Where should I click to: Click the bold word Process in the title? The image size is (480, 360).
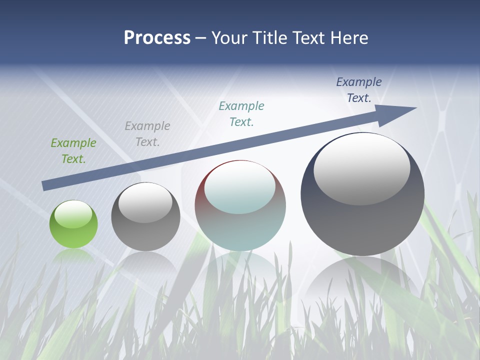pyautogui.click(x=157, y=38)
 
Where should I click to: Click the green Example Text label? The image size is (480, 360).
pyautogui.click(x=73, y=151)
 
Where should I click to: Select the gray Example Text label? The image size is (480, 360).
pyautogui.click(x=147, y=134)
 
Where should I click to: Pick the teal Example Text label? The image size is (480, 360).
pyautogui.click(x=241, y=114)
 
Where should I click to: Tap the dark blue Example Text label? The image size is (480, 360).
pyautogui.click(x=359, y=90)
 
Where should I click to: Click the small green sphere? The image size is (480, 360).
pyautogui.click(x=73, y=224)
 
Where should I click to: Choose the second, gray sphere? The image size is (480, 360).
pyautogui.click(x=145, y=217)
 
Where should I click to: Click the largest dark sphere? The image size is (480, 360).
pyautogui.click(x=362, y=194)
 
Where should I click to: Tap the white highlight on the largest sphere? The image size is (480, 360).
pyautogui.click(x=361, y=169)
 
